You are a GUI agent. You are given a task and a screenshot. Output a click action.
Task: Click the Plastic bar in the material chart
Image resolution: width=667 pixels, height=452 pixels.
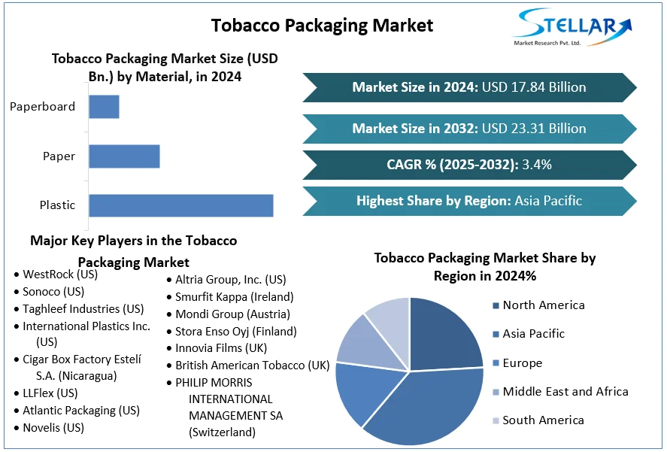180,205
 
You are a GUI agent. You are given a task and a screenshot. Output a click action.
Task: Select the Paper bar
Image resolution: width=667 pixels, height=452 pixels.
124,156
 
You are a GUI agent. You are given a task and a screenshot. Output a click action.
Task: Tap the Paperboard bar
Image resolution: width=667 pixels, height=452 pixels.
104,107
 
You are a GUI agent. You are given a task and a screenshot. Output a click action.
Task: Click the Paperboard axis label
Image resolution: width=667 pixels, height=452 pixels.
42,107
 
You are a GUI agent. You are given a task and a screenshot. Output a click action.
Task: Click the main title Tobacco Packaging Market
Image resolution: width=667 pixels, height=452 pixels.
322,25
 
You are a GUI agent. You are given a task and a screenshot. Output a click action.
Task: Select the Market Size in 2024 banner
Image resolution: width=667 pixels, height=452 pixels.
469,87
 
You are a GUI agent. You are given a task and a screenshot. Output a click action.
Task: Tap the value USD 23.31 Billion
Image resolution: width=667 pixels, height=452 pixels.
534,129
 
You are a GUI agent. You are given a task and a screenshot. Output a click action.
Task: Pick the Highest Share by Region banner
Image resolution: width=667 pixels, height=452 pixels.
469,201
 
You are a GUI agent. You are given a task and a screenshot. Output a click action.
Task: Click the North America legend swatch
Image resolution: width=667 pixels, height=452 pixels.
496,305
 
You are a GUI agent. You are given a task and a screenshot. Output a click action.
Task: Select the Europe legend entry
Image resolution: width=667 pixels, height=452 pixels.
522,363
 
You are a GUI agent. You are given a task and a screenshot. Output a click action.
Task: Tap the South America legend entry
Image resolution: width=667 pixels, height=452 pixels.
543,420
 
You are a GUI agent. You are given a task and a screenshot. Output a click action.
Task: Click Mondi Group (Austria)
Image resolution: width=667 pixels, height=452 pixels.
232,314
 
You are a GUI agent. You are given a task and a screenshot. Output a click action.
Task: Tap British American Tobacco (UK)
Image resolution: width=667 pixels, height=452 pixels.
252,366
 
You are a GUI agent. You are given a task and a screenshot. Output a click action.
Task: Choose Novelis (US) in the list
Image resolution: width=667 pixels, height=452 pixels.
53,428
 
